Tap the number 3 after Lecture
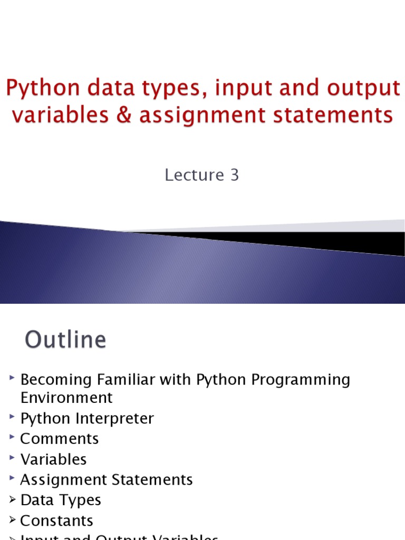(x=234, y=175)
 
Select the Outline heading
(x=66, y=340)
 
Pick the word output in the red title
(x=363, y=89)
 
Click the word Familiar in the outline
(x=117, y=380)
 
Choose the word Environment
(x=66, y=398)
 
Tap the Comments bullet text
(x=60, y=439)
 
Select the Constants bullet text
(x=56, y=521)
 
